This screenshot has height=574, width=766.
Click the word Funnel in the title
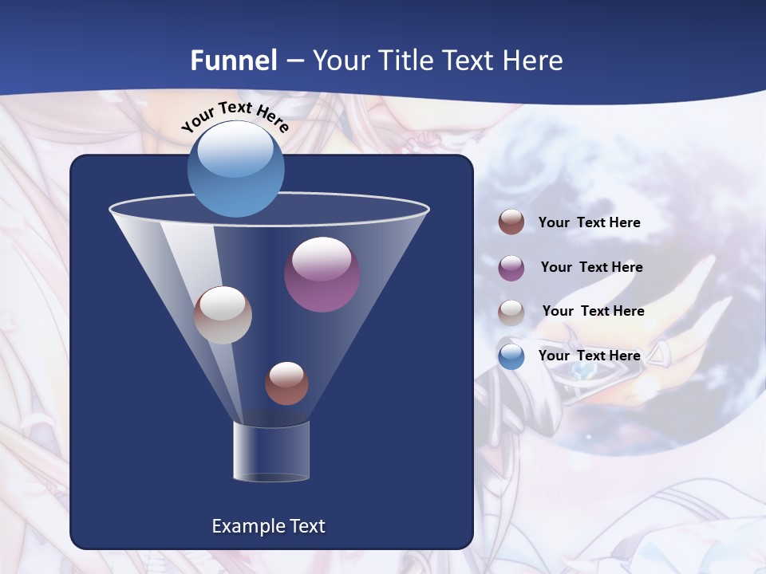pyautogui.click(x=234, y=61)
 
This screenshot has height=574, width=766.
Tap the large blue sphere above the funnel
pyautogui.click(x=235, y=169)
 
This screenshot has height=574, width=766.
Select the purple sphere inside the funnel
pyautogui.click(x=322, y=274)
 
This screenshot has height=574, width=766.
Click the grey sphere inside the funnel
pyautogui.click(x=223, y=315)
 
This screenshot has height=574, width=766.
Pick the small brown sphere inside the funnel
pyautogui.click(x=286, y=383)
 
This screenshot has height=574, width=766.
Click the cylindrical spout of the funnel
pyautogui.click(x=271, y=451)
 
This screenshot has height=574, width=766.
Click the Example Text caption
pyautogui.click(x=269, y=526)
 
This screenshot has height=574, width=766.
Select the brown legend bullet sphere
pyautogui.click(x=511, y=222)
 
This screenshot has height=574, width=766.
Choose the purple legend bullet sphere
pyautogui.click(x=511, y=268)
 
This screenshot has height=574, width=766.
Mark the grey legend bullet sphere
pyautogui.click(x=511, y=312)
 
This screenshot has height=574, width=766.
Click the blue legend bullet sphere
pyautogui.click(x=511, y=356)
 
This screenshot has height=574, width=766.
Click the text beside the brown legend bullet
pyautogui.click(x=589, y=223)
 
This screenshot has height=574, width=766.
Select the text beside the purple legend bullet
pyautogui.click(x=591, y=268)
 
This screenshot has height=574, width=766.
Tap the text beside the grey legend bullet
pyautogui.click(x=593, y=312)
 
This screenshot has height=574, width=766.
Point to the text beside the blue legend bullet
pyautogui.click(x=589, y=356)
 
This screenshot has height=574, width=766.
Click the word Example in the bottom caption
pyautogui.click(x=244, y=526)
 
